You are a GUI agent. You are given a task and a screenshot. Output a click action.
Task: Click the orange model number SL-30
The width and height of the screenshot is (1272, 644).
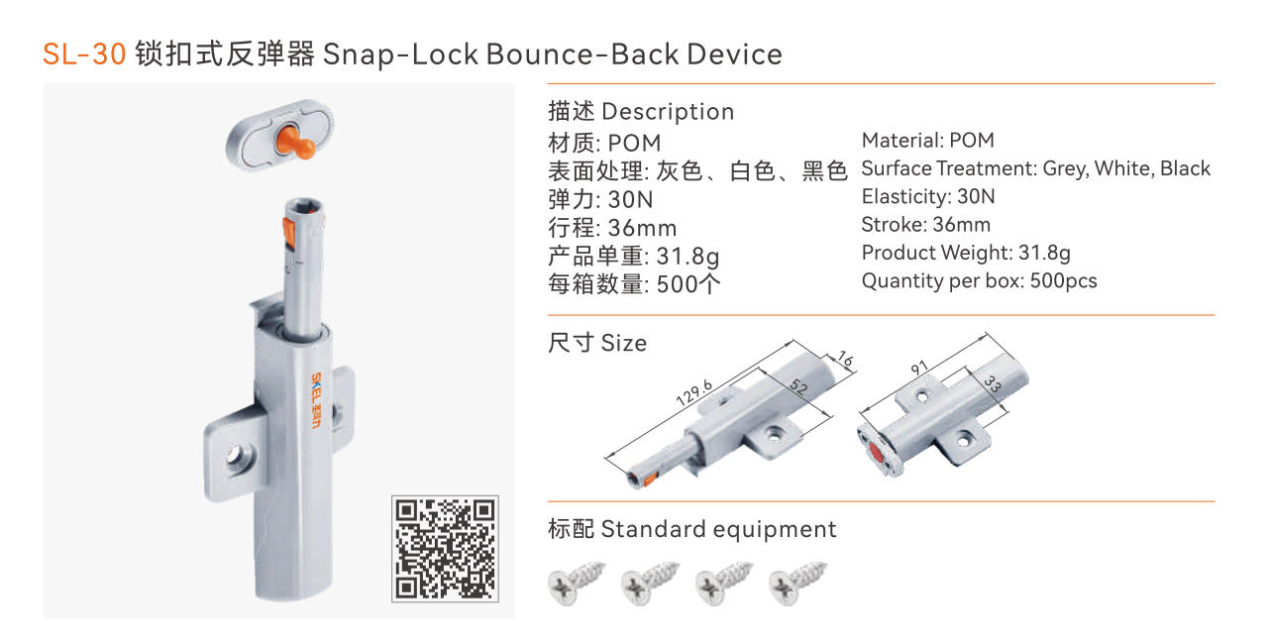(x=84, y=54)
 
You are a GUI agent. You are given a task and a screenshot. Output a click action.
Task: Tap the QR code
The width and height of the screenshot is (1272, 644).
(x=445, y=549)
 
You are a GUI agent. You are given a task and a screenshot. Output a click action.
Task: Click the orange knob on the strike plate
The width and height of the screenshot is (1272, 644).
(x=295, y=143)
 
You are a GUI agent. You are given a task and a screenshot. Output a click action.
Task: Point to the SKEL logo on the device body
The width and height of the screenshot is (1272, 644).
(x=316, y=400)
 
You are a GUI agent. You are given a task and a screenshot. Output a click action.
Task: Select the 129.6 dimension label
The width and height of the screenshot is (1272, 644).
(x=693, y=392)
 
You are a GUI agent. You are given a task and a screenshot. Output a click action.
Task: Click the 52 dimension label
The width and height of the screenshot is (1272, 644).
(x=798, y=386)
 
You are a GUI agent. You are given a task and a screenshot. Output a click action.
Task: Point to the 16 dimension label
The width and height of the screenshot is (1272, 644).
(x=846, y=359)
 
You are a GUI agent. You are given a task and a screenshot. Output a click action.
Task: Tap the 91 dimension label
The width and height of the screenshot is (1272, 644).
(x=919, y=368)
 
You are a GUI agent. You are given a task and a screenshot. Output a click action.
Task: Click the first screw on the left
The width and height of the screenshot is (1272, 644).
(x=577, y=583)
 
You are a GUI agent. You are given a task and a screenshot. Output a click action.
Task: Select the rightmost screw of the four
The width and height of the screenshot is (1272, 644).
(x=797, y=583)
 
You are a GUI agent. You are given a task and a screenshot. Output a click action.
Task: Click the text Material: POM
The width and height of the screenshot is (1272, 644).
(x=928, y=141)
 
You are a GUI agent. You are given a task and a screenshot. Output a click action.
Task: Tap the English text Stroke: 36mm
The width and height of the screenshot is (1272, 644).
(x=925, y=224)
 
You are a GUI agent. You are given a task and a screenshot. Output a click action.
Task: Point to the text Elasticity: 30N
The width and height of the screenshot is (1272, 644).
(x=928, y=196)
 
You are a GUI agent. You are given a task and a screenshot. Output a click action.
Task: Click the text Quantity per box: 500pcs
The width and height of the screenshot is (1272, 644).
(x=979, y=281)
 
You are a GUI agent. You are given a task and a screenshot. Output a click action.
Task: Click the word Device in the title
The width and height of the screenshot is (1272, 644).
(x=734, y=54)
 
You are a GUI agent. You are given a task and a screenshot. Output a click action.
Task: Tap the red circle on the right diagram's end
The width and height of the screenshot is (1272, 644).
(x=877, y=453)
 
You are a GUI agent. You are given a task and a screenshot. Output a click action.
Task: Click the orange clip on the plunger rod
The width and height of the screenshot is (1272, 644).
(x=288, y=233)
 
